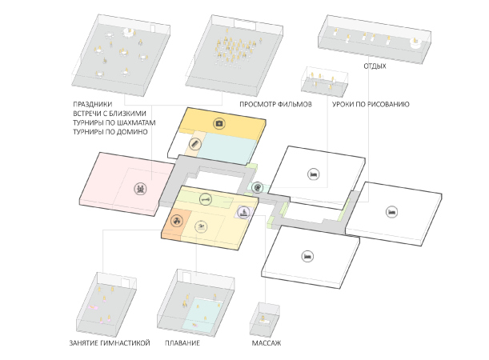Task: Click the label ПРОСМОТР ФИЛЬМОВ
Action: (x=275, y=104)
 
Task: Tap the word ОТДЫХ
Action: (x=375, y=66)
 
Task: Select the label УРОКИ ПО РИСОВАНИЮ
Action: (x=371, y=104)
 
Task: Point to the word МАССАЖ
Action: (x=266, y=343)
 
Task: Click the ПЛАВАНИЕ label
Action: (x=182, y=343)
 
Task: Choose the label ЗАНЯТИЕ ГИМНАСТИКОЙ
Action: (x=110, y=343)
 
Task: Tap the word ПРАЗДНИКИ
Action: (x=92, y=104)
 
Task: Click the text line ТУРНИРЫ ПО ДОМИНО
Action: (x=110, y=132)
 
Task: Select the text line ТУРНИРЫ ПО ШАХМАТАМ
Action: (x=114, y=123)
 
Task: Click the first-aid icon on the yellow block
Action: (x=219, y=124)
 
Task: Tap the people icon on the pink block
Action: (x=140, y=189)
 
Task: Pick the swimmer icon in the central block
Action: (x=201, y=226)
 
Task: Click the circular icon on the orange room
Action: (x=177, y=222)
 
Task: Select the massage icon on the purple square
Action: (x=244, y=212)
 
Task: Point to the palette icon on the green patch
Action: (x=257, y=188)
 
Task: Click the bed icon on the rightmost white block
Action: (x=391, y=212)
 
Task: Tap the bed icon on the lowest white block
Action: (x=307, y=257)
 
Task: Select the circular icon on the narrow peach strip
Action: (x=194, y=144)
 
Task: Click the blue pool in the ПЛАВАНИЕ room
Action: (x=202, y=314)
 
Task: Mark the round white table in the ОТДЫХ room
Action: (x=415, y=44)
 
